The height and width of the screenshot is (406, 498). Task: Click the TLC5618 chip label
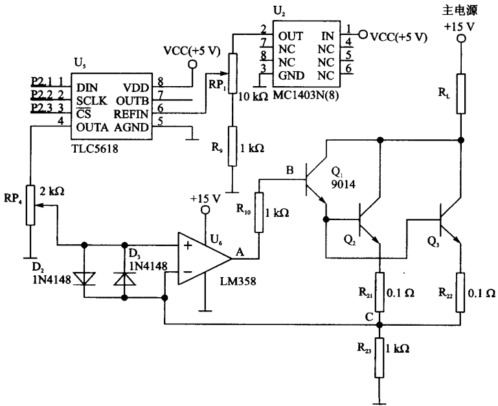click(95, 148)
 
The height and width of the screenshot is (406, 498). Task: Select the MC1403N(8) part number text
click(306, 95)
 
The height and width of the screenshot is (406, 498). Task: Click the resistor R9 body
click(232, 146)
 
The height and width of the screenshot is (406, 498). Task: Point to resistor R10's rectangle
click(259, 212)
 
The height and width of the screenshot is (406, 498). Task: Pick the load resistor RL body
click(461, 94)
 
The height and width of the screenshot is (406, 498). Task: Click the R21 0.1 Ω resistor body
click(379, 292)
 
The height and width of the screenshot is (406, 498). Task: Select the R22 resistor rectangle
click(460, 292)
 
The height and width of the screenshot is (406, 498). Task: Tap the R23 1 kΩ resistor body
click(379, 357)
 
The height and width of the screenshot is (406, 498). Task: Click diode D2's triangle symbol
click(84, 278)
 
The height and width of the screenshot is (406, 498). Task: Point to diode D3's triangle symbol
click(125, 278)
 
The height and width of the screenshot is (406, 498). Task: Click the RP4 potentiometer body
click(30, 205)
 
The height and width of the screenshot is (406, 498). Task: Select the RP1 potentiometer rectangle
click(232, 73)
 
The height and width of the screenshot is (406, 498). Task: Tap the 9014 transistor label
click(343, 184)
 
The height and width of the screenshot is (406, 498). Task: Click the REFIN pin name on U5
click(131, 114)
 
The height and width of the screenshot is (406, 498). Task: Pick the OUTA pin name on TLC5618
click(92, 128)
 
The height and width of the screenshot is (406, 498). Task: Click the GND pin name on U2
click(291, 76)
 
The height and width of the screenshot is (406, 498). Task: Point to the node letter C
click(369, 317)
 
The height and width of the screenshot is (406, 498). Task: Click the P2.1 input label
click(41, 82)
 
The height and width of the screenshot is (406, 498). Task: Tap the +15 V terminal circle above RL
click(461, 39)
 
